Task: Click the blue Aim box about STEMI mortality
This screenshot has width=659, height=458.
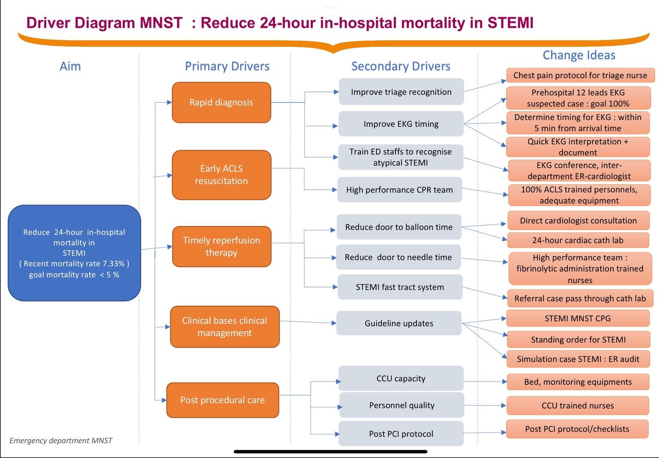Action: pyautogui.click(x=74, y=253)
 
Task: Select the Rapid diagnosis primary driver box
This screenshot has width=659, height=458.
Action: pyautogui.click(x=221, y=103)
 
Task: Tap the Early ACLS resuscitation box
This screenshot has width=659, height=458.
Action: pyautogui.click(x=221, y=175)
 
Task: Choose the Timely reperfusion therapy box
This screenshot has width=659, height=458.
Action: pyautogui.click(x=221, y=247)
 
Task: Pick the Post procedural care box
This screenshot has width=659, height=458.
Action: pyautogui.click(x=222, y=400)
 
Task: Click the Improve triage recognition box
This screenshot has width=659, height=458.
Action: pyautogui.click(x=401, y=92)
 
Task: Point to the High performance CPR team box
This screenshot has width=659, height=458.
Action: pyautogui.click(x=399, y=190)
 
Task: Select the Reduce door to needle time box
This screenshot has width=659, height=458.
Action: pyautogui.click(x=398, y=257)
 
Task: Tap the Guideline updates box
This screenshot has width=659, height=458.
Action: pyautogui.click(x=398, y=324)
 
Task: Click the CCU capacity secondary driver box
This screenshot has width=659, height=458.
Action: pyautogui.click(x=401, y=379)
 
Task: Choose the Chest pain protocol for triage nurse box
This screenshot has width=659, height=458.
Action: pyautogui.click(x=580, y=76)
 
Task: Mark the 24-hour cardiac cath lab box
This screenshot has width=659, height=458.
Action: pyautogui.click(x=577, y=241)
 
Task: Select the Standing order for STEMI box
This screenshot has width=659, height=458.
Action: pyautogui.click(x=578, y=340)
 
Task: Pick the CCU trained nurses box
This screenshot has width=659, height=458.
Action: pyautogui.click(x=577, y=406)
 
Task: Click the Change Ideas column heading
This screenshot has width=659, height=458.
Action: pyautogui.click(x=579, y=55)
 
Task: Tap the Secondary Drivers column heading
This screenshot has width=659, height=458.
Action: pyautogui.click(x=401, y=66)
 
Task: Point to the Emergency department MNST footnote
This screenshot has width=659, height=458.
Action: pyautogui.click(x=61, y=440)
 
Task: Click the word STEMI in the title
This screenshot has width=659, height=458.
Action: pyautogui.click(x=510, y=23)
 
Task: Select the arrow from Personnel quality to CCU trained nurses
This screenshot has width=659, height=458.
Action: pyautogui.click(x=485, y=405)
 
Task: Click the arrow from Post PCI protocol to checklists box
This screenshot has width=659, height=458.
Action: pyautogui.click(x=485, y=433)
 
